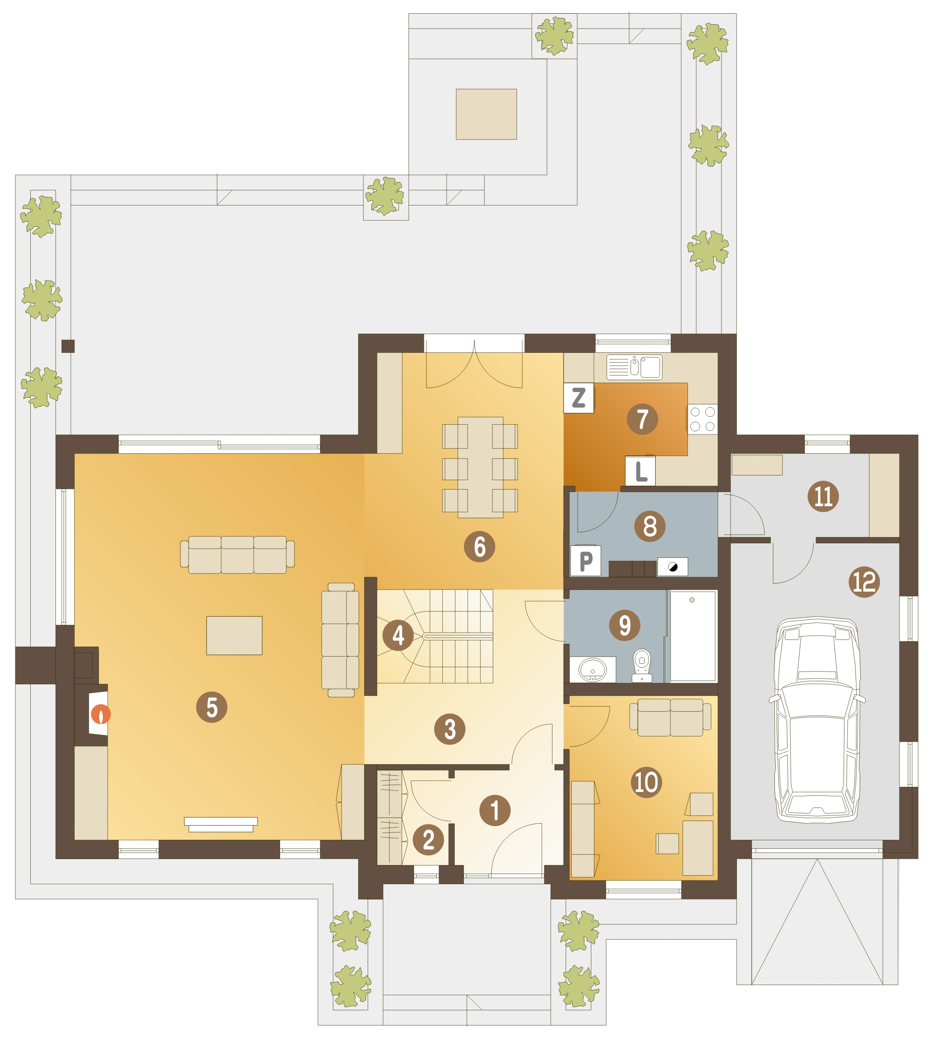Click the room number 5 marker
coord(211,707)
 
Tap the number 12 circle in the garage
coord(865,582)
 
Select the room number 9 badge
coord(624,625)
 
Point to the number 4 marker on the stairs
coord(398,635)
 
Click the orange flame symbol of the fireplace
coord(101,714)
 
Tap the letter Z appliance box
coord(578,398)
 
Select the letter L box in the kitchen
coord(640,471)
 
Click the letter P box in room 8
coord(585,561)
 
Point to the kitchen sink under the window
coord(634,367)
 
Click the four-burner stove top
coord(703,419)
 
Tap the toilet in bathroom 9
coord(642,666)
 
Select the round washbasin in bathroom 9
coord(593,669)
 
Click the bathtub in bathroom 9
coord(693,636)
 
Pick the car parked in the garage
coord(817,720)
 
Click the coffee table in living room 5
coord(234,635)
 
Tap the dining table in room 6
coord(480,467)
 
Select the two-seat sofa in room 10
coord(670,717)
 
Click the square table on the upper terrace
coord(486,114)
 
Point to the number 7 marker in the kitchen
coord(642,419)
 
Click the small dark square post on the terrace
coord(68,346)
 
